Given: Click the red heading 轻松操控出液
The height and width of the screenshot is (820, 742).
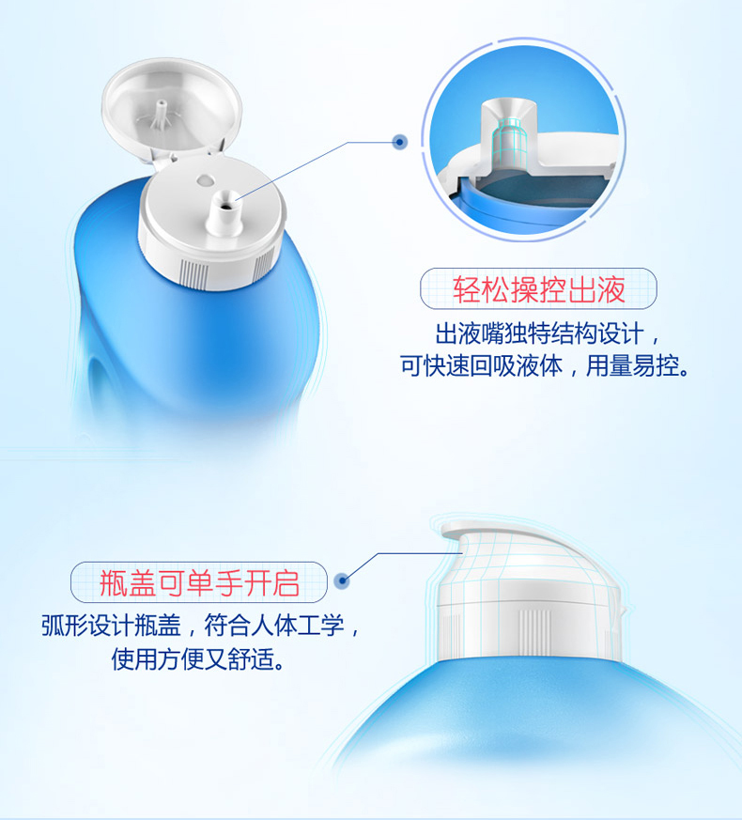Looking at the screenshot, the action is [x=538, y=289].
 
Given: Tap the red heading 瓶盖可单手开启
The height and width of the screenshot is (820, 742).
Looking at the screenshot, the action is [x=199, y=583].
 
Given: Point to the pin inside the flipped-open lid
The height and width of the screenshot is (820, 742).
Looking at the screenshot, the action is [x=162, y=115].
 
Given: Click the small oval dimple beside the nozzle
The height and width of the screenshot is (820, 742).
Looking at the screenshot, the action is [x=206, y=180].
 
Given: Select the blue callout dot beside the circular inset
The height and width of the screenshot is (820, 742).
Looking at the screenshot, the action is [x=400, y=142].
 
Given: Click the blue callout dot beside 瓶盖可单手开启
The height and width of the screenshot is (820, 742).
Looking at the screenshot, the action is [x=342, y=580].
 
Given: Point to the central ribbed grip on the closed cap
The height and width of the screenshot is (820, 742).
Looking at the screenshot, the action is [x=533, y=631].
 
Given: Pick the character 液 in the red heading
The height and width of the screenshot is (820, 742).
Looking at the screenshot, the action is [x=611, y=289].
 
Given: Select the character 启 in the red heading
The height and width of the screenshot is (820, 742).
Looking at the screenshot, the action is [x=285, y=583].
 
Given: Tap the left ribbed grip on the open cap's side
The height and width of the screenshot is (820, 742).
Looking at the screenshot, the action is [x=194, y=273].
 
